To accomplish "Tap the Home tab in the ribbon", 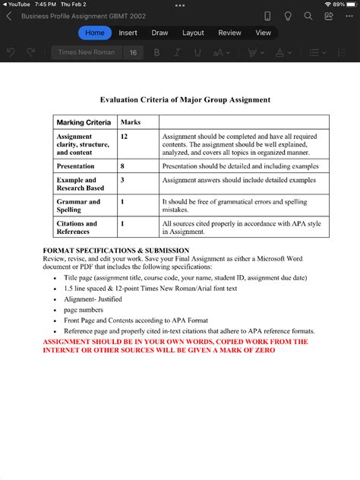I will coord(95,33).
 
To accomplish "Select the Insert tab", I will coord(128,33).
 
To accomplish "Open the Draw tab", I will coord(159,33).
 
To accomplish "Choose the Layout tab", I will coord(193,33).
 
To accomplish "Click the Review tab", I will coord(229,33).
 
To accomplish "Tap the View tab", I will coord(263,33).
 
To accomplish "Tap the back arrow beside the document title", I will coord(9,16).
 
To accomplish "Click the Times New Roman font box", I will coord(87,52).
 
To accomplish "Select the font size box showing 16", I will coord(133,52).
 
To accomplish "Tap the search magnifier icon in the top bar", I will coord(308,16).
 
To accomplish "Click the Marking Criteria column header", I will coord(84,122).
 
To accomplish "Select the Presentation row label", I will coord(76,166).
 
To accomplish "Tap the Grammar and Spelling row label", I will coord(78,206).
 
